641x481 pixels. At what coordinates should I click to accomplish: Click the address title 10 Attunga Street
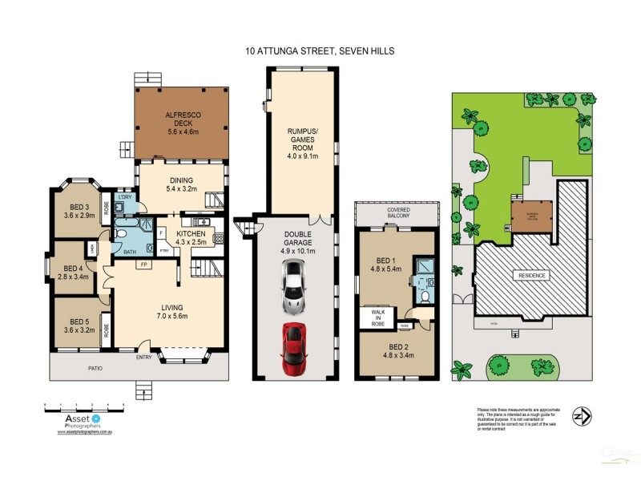[x=320, y=51]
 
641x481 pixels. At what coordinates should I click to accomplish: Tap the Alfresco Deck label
[x=182, y=120]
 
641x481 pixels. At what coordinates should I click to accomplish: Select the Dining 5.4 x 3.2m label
[x=182, y=184]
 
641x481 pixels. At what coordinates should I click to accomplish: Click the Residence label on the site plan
[x=530, y=275]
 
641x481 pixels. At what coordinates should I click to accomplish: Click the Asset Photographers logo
[x=81, y=420]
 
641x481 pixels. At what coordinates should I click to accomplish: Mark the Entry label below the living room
[x=145, y=358]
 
